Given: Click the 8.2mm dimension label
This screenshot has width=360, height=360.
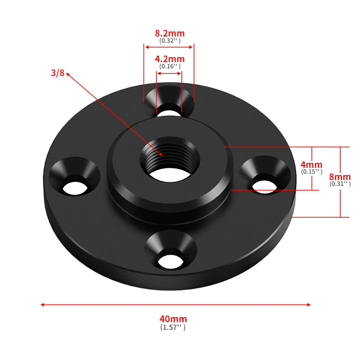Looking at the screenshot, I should coord(170,33).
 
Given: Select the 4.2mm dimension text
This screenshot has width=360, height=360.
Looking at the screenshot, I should coord(170,59).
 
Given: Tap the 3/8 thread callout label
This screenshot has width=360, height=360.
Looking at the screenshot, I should coord(58,73).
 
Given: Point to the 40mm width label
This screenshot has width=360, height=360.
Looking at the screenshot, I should coord(173,319).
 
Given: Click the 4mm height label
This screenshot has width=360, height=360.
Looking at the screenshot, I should coord(311,165).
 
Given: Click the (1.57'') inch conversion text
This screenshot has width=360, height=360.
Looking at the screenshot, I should coord(173,328).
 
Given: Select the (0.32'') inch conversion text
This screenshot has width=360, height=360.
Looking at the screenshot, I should coord(170,40).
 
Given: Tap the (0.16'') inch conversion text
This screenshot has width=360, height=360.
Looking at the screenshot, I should coord(170,66).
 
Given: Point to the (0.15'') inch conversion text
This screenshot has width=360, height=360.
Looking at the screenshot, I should coord(311,171).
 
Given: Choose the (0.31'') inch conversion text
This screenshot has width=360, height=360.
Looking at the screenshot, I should coord(340,184).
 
